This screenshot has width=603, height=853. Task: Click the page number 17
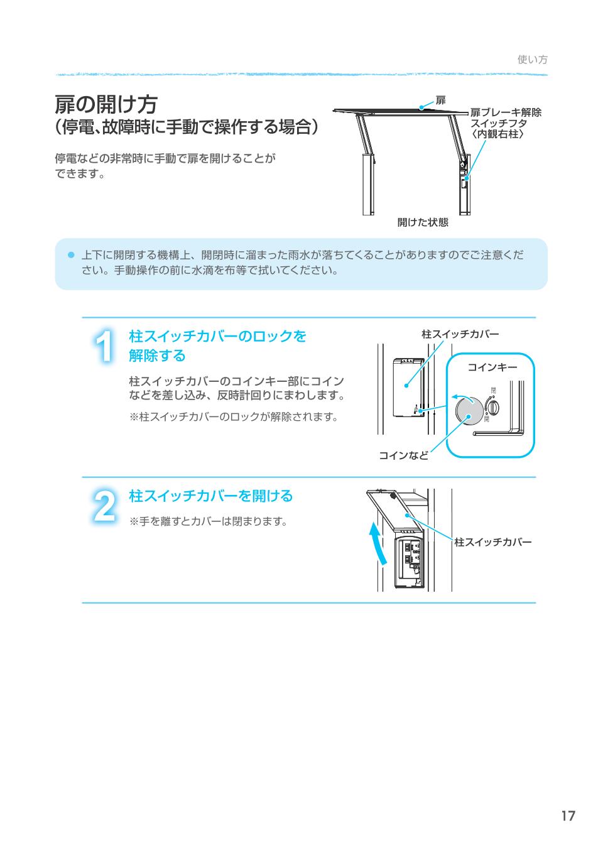tap(568, 816)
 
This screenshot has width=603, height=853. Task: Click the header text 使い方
tap(532, 60)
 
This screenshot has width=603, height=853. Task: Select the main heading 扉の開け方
tap(106, 104)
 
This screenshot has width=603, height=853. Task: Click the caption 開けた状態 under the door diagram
tap(423, 222)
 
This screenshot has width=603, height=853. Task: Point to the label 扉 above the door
tap(440, 101)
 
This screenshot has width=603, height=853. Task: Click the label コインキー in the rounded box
tap(492, 367)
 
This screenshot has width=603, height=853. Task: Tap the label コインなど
tap(403, 455)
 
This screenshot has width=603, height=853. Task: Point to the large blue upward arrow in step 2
tap(376, 544)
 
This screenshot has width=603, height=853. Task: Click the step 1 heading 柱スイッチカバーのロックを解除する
tap(217, 345)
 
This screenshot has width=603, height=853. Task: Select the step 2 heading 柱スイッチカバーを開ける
tap(211, 496)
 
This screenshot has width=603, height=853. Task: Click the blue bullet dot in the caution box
tap(71, 255)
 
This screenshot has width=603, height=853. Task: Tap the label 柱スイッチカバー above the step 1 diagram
tap(460, 334)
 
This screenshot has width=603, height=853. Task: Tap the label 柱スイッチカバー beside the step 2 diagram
tap(492, 542)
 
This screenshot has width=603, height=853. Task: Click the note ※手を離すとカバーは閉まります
tap(208, 521)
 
